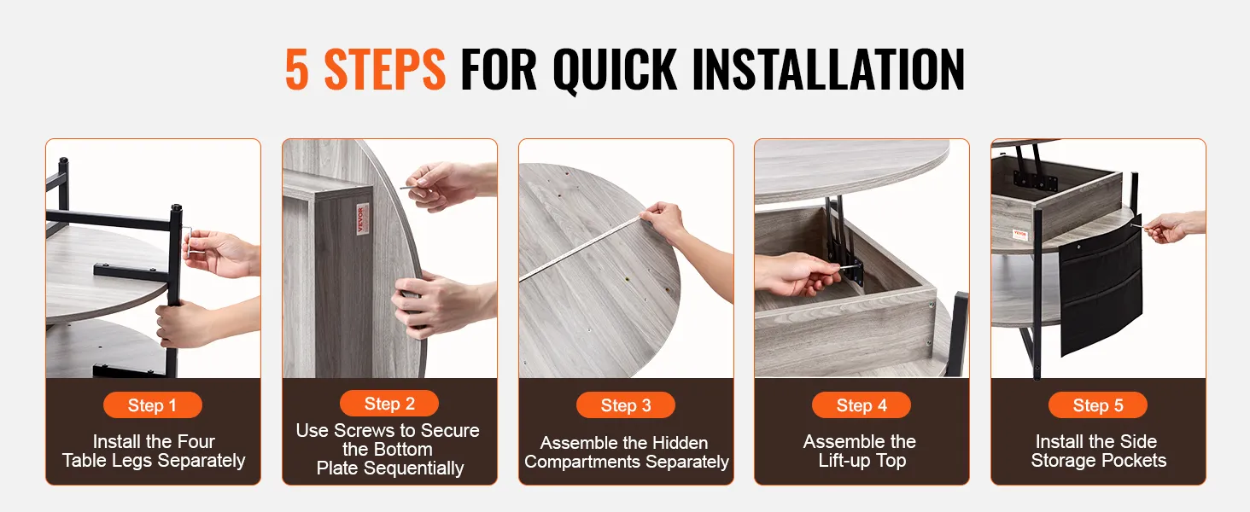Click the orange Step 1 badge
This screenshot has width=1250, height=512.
click(x=152, y=405)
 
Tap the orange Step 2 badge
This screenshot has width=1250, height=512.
click(x=389, y=404)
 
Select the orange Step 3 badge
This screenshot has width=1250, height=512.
click(x=626, y=405)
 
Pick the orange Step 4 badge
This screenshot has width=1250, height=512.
click(x=861, y=405)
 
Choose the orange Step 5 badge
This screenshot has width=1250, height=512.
click(x=1098, y=405)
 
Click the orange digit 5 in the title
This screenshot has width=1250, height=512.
click(x=297, y=69)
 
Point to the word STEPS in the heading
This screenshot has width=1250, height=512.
click(x=384, y=69)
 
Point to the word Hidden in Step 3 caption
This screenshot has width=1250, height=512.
click(x=680, y=443)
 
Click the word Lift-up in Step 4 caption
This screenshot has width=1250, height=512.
click(x=843, y=461)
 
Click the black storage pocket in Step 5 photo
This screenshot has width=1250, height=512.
click(x=1101, y=288)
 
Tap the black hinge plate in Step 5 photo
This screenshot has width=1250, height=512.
click(x=1036, y=179)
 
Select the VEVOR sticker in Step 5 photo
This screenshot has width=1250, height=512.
click(x=1020, y=235)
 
